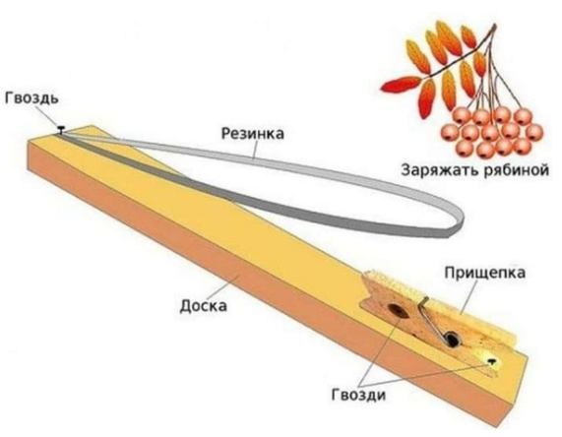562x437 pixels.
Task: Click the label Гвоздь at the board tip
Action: tap(31, 98)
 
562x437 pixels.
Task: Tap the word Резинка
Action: tap(253, 133)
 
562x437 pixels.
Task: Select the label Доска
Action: tap(203, 306)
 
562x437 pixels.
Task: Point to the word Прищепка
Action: tap(484, 274)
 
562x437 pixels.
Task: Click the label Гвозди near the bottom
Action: tap(358, 395)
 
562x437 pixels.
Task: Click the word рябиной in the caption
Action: tap(517, 170)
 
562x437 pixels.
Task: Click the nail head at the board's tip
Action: tap(62, 128)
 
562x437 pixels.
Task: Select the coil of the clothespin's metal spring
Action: tap(451, 340)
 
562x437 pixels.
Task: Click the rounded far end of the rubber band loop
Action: tap(458, 221)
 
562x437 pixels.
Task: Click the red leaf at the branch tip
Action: tap(400, 85)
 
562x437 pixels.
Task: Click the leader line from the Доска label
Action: tap(229, 286)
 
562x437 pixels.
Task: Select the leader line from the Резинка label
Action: tap(255, 150)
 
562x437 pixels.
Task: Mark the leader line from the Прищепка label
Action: tap(468, 297)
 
